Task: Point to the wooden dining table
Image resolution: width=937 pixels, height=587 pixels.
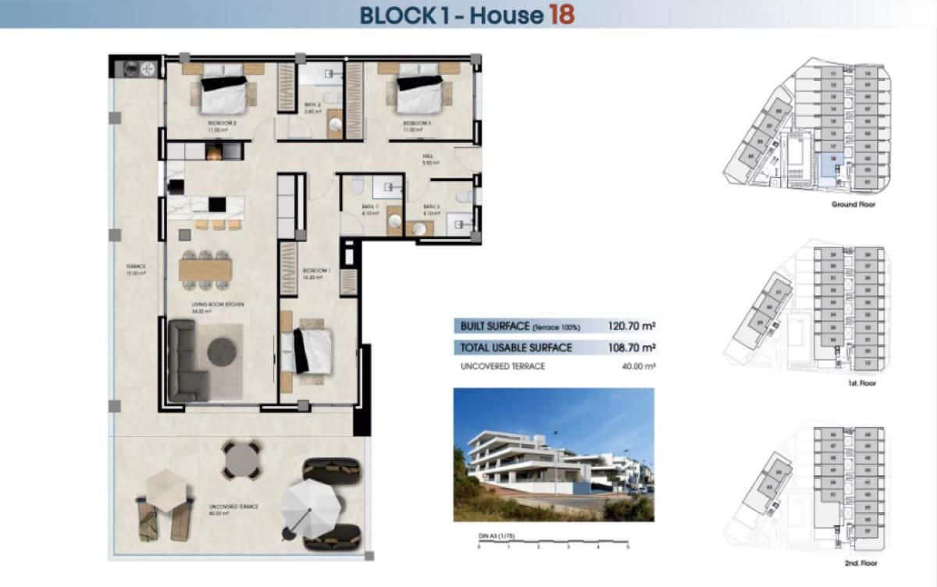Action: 205,269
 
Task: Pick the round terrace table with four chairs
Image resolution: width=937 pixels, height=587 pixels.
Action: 241,460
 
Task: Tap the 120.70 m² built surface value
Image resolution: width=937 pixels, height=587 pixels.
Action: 631,326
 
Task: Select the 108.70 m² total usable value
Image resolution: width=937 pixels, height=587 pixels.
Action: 631,347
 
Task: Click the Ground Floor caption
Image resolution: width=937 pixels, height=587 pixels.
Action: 854,205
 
